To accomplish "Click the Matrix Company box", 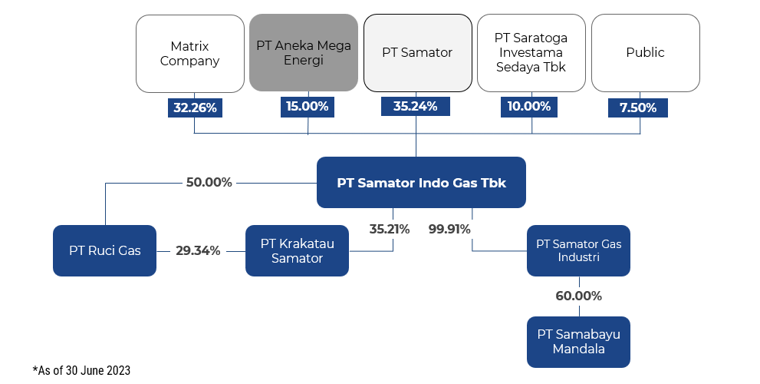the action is tap(190, 54).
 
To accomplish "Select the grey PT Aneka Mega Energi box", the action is tap(304, 52).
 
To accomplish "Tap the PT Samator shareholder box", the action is tap(418, 52).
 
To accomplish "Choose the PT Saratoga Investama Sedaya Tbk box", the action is tap(531, 52).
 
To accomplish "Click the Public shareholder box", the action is tap(646, 52).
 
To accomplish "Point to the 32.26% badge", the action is tap(195, 108).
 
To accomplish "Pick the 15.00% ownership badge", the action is tap(308, 107).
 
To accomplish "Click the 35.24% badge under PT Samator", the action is tap(416, 106).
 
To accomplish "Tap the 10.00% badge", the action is tap(529, 107).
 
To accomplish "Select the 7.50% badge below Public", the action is tap(638, 108).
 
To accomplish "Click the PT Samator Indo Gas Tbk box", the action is tap(421, 183).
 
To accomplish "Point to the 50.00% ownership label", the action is tap(209, 183).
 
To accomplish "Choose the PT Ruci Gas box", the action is tap(105, 250).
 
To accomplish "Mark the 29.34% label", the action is tap(198, 251).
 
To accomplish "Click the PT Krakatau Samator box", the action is tap(297, 250).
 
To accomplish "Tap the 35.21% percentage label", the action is tap(390, 229).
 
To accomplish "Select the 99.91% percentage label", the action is tap(449, 229).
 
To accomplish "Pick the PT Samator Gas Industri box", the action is tap(579, 250).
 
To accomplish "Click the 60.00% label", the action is tap(579, 296).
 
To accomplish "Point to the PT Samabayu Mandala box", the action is tap(579, 342).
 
